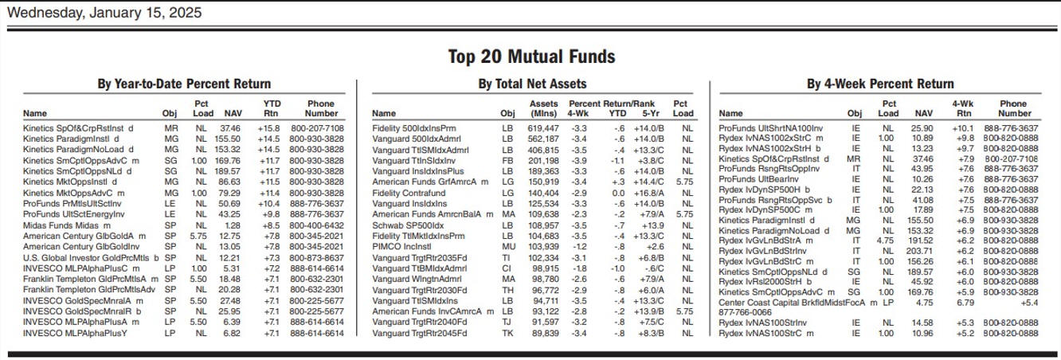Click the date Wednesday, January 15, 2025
pos(104,12)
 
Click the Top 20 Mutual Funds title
pos(531,57)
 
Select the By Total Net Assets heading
pos(532,84)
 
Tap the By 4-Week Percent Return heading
pos(880,84)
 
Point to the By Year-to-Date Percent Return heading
pos(184,84)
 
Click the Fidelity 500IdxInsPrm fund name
pos(414,128)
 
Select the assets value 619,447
pos(543,128)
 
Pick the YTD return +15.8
pos(268,128)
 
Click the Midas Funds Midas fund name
pos(61,225)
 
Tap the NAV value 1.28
pos(232,225)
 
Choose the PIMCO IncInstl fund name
pos(401,247)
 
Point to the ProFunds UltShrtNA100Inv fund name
pos(770,128)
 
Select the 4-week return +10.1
pos(963,128)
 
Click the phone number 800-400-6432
pos(316,225)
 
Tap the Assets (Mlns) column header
pos(543,108)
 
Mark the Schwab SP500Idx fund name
pos(408,225)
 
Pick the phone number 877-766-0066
pos(745,313)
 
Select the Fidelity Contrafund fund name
pos(409,194)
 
